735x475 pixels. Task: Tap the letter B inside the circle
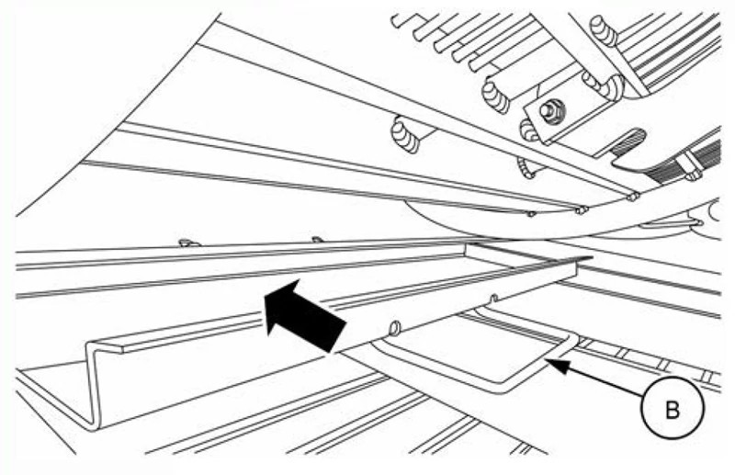tap(673, 410)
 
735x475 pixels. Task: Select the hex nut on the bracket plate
tap(548, 111)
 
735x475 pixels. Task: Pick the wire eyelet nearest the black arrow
tap(395, 328)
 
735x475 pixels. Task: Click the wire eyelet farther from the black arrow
tap(493, 299)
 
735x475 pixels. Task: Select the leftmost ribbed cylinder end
tap(405, 135)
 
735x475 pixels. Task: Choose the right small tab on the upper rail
tap(318, 240)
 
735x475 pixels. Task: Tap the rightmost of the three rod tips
tap(633, 197)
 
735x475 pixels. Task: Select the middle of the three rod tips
tap(582, 210)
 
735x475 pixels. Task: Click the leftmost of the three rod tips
tap(531, 214)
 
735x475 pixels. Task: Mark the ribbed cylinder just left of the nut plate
tap(495, 96)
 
